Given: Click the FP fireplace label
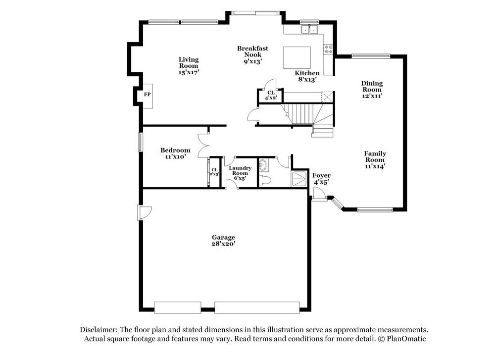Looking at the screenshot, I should (147, 94).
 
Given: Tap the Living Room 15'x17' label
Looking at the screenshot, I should (189, 66).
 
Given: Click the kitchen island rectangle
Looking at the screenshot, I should (297, 58).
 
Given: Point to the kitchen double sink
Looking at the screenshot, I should (310, 30).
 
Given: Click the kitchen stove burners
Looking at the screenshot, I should (328, 49).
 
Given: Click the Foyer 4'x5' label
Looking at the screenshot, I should (321, 179).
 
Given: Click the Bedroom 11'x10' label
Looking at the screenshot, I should (175, 153).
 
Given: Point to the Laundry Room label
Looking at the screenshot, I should (240, 171).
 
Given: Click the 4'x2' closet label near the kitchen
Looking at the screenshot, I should (271, 95).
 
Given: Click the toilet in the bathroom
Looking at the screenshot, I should (265, 181).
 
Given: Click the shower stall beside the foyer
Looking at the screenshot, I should (299, 179).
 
